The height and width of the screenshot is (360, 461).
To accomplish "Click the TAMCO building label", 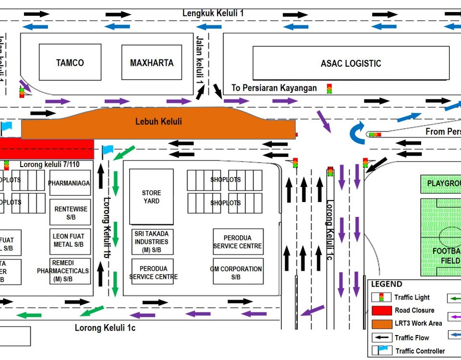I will point(70,63).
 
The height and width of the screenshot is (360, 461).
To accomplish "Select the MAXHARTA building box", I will point(152,63).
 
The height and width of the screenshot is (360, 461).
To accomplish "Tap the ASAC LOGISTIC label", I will point(351,63).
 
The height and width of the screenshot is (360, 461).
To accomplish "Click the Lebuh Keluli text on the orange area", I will point(158,121).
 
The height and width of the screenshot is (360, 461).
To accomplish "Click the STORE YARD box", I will point(151,197).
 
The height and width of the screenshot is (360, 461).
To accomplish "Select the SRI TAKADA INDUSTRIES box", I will point(151,242).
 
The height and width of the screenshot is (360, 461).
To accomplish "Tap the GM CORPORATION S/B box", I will point(238,272).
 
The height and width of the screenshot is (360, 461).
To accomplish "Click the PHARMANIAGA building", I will point(70,183).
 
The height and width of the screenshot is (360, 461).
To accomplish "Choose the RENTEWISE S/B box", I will point(70,213).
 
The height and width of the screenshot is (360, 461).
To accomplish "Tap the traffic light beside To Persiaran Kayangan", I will point(329,88).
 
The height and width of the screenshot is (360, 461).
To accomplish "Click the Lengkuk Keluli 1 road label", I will point(213,13).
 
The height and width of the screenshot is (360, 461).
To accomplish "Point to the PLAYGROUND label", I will point(442,183).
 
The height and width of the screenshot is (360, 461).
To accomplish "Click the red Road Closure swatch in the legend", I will point(381,310).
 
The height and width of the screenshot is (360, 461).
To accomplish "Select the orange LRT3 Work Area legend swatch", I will point(381,324).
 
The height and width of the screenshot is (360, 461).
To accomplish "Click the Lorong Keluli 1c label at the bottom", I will point(105,328).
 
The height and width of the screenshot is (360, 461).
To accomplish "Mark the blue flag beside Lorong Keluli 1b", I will point(107,150).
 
